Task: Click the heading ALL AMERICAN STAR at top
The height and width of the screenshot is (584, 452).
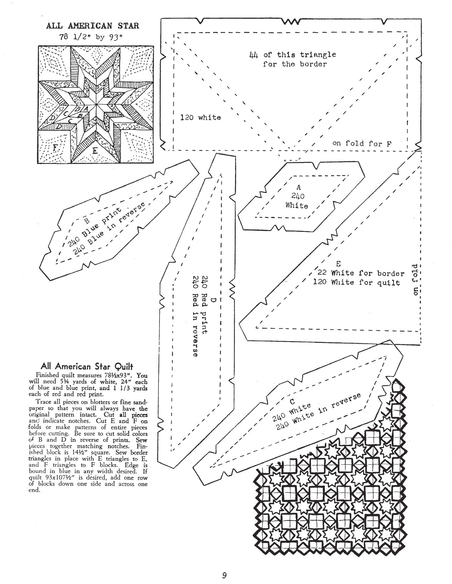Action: tap(93, 25)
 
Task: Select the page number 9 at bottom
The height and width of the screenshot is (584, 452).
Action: tap(224, 575)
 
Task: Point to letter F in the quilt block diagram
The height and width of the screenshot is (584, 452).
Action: tap(55, 147)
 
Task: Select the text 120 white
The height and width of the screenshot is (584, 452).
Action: tap(200, 117)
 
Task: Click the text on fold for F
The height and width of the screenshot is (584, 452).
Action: tap(362, 143)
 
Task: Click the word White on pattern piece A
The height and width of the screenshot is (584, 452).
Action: tap(297, 206)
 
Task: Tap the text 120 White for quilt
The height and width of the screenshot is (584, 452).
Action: tap(357, 282)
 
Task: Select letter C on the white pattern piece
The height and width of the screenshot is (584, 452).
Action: tap(292, 401)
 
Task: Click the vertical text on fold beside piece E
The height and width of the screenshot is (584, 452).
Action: tap(415, 279)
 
